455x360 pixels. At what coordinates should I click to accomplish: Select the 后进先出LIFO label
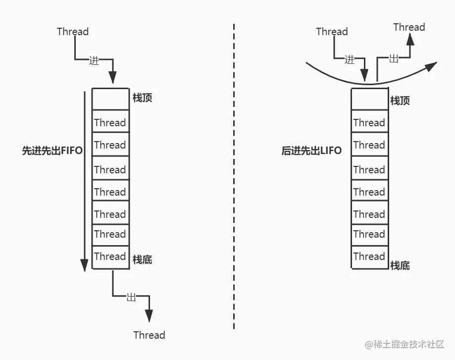[311, 151]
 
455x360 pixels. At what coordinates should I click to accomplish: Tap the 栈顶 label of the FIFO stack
[143, 98]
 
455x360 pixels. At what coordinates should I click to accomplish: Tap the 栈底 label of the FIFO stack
[143, 259]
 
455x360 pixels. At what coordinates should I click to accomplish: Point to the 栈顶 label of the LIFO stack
[400, 101]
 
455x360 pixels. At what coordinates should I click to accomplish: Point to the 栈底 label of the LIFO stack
[400, 265]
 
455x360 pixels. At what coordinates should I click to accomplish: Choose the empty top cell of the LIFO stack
[369, 100]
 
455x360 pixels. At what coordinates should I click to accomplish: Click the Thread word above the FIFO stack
[73, 32]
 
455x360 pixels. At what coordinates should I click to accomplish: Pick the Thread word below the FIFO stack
[149, 335]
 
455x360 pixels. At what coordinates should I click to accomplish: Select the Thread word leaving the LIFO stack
[409, 27]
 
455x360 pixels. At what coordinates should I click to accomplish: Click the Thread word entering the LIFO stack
[332, 32]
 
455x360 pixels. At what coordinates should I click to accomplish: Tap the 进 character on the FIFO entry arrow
[94, 60]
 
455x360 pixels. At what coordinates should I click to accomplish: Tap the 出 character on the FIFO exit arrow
[131, 297]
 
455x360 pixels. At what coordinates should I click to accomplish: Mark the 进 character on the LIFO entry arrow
[350, 60]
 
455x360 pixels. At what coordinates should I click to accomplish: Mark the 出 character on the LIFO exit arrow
[394, 58]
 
